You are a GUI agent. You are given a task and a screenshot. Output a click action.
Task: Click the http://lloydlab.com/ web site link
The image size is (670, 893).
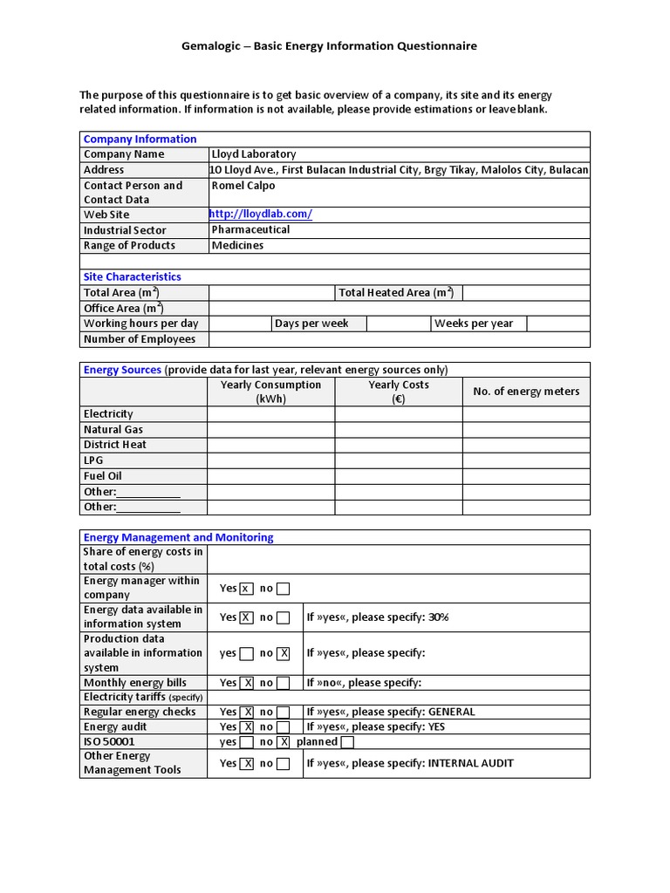tap(261, 215)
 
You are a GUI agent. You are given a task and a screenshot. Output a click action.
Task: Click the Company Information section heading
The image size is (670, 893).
tap(140, 139)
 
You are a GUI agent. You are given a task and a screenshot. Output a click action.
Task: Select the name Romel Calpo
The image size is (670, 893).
tap(243, 186)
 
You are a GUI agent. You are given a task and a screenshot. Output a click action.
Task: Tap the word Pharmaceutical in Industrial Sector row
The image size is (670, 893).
tap(251, 230)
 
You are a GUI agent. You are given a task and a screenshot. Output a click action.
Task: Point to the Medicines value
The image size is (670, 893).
tap(237, 246)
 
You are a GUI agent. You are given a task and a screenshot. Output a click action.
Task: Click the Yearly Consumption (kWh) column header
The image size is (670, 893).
tap(271, 392)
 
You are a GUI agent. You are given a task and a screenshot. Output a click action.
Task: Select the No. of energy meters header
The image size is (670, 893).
tap(526, 392)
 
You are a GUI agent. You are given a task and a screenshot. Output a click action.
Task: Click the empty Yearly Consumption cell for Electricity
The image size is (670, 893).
tap(271, 414)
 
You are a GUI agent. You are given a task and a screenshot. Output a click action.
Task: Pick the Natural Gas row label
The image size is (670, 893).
tap(113, 430)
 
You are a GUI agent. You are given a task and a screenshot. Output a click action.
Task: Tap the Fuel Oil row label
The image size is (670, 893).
tap(102, 476)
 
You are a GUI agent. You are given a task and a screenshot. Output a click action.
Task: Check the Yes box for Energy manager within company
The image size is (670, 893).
tap(246, 589)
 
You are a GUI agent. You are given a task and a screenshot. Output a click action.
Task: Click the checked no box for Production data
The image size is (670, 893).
tap(284, 653)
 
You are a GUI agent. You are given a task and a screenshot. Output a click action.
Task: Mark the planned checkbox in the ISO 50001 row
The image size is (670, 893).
tap(347, 742)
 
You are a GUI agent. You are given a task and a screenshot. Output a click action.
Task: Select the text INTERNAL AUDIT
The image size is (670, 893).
tap(470, 763)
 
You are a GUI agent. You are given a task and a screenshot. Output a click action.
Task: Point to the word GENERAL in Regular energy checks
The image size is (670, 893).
tap(451, 712)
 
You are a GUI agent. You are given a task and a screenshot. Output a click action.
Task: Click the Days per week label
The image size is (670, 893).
tap(311, 324)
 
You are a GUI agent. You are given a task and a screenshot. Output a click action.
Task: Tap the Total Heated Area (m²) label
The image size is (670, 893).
tap(396, 293)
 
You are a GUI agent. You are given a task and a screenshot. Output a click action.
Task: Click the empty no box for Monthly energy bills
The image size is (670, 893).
tap(284, 683)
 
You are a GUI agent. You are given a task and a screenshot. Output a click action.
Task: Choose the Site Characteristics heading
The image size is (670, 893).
tap(133, 276)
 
